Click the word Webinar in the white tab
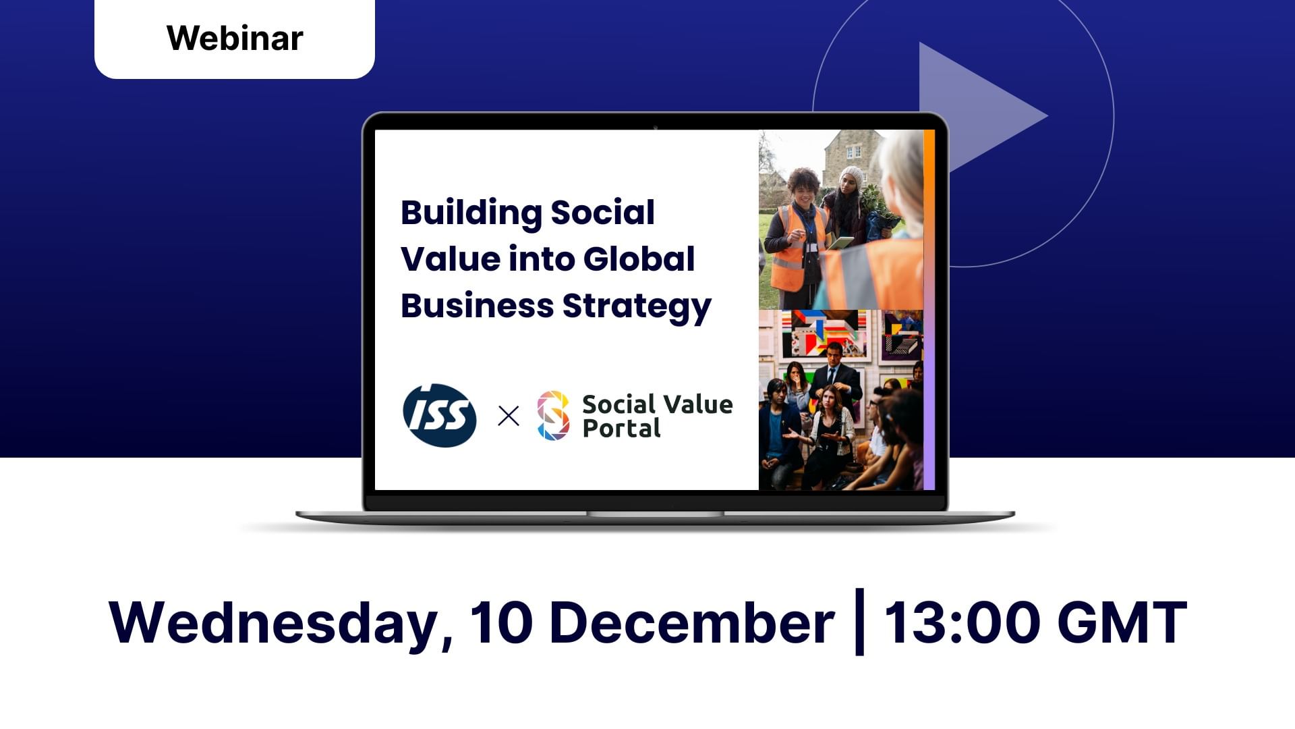[x=235, y=38]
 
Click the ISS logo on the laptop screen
[x=440, y=415]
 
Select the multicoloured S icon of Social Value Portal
[x=553, y=416]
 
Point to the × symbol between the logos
[x=509, y=416]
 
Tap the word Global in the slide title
[x=639, y=259]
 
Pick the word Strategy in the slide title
[x=637, y=307]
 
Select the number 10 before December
[x=501, y=622]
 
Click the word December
[x=692, y=622]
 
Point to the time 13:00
[x=962, y=622]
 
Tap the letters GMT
[x=1122, y=622]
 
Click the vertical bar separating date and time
[x=859, y=622]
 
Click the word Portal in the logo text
[x=621, y=429]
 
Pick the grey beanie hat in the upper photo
[x=851, y=177]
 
